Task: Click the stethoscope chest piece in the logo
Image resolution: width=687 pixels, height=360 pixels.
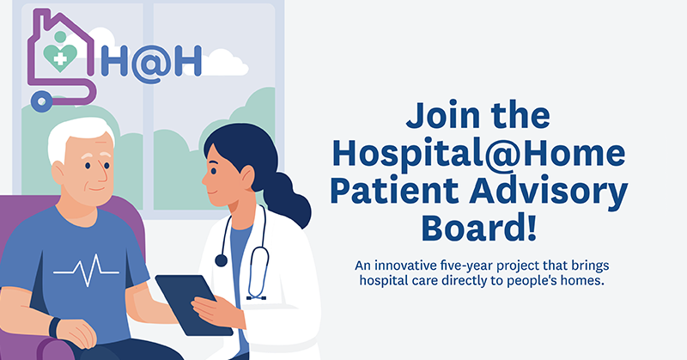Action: click(x=40, y=102)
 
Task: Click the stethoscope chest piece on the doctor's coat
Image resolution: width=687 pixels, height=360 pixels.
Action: click(x=221, y=259)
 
